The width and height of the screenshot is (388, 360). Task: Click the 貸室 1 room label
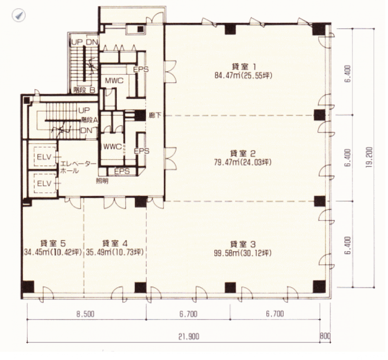[243, 66]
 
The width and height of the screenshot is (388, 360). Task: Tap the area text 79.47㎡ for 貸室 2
[226, 163]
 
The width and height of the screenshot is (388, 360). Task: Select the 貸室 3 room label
[243, 245]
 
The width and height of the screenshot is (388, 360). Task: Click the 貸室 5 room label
[53, 244]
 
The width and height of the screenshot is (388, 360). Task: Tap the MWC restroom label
[114, 81]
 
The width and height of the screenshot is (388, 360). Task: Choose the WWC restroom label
[113, 147]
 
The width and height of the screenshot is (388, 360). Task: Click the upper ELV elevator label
[44, 157]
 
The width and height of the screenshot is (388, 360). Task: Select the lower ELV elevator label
[44, 183]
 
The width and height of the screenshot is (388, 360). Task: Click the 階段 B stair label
[84, 90]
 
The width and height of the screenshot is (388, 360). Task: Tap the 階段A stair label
[89, 120]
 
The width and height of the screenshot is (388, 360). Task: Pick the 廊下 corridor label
[155, 115]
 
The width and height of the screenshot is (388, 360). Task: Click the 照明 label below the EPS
[102, 181]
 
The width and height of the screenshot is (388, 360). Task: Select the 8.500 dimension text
[85, 314]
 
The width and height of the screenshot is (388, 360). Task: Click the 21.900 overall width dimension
[189, 337]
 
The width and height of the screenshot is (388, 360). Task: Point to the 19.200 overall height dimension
[369, 158]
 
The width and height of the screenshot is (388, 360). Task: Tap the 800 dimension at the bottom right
[325, 336]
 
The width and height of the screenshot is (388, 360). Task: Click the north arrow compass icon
[19, 16]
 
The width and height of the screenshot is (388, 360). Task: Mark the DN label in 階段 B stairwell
[92, 42]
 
